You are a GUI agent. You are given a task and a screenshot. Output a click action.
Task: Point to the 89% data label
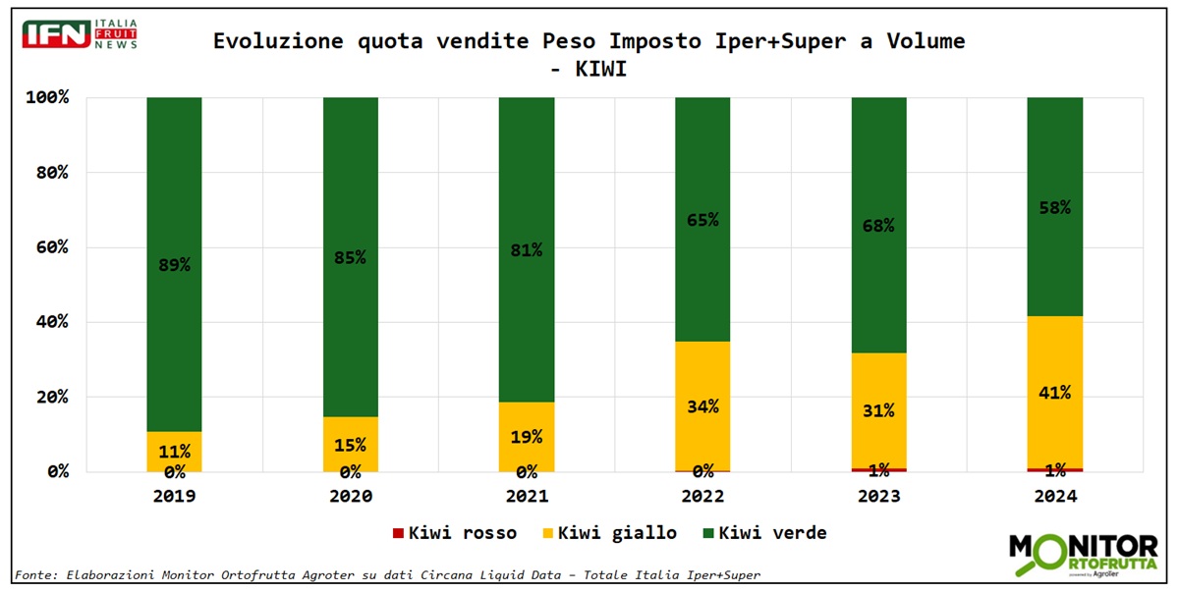(174, 265)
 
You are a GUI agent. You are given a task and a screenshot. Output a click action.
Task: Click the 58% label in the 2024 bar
(1054, 208)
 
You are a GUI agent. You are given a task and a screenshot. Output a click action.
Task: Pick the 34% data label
(702, 406)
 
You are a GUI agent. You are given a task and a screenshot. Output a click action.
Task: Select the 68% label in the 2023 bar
(878, 226)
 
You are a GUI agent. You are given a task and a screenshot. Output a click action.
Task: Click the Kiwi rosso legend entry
(455, 533)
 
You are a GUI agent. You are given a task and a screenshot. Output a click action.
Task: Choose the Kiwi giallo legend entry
(609, 533)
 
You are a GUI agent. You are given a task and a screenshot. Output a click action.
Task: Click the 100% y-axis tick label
(46, 98)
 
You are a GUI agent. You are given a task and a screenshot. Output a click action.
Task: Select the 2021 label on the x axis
(527, 497)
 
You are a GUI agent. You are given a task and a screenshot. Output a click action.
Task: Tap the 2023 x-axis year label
(878, 497)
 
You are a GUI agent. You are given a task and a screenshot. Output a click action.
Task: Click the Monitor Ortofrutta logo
(1084, 555)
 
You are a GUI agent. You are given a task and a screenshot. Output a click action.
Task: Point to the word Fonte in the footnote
(36, 575)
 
